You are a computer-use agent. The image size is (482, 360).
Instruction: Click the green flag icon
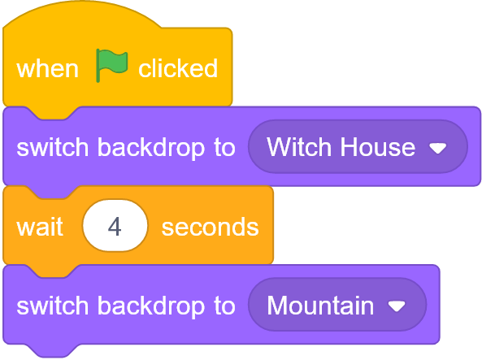(111, 65)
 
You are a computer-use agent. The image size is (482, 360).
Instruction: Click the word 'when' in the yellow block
(48, 69)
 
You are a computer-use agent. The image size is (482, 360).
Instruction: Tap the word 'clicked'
(178, 67)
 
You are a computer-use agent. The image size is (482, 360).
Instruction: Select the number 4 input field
(115, 226)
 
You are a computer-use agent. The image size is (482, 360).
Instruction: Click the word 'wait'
(40, 227)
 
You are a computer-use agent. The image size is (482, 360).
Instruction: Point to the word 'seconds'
(211, 228)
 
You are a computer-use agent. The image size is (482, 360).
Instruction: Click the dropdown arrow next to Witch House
(438, 149)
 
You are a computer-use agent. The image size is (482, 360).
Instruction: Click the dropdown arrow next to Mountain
(397, 306)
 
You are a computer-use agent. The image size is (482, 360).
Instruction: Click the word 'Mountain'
(320, 306)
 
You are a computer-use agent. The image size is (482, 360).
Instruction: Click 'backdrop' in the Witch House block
(151, 147)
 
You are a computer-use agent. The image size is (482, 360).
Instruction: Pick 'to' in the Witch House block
(224, 147)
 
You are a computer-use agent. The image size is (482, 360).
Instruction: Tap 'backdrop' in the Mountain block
(151, 306)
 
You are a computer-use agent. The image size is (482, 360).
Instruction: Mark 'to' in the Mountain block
(224, 306)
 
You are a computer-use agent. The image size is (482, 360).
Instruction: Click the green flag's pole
(98, 66)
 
